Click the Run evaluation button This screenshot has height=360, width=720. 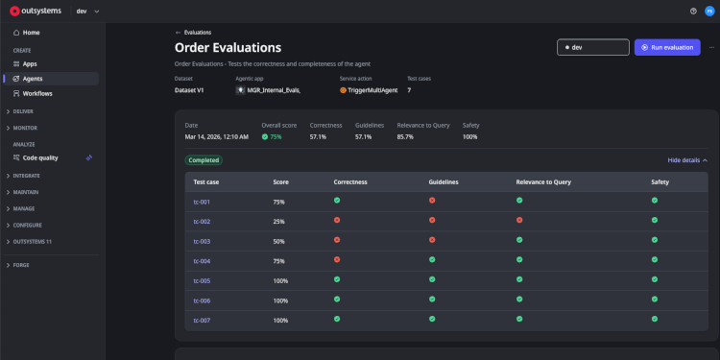(667, 47)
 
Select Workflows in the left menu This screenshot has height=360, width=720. (37, 93)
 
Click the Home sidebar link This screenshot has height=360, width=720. (31, 33)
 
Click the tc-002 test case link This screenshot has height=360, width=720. (202, 221)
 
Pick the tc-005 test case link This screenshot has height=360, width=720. (202, 280)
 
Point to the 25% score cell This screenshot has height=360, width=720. (278, 221)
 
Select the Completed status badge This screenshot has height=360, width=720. (204, 160)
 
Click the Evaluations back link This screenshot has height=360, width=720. (193, 32)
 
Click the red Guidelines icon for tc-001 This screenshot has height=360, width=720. (432, 201)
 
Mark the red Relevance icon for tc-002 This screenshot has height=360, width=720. (519, 221)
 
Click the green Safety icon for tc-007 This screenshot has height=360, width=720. (655, 319)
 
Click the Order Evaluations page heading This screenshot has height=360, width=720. (228, 47)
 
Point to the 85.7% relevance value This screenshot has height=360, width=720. (405, 136)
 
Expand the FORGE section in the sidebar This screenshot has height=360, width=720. (21, 265)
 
